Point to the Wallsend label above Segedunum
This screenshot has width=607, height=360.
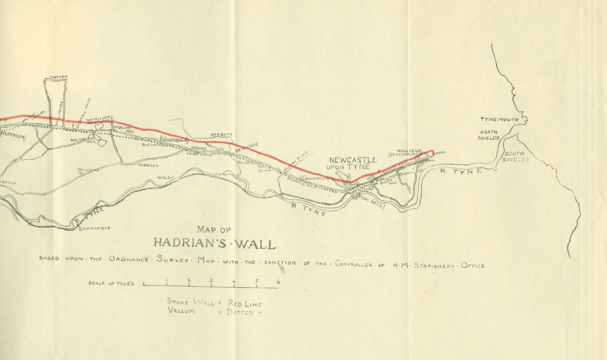click(409, 151)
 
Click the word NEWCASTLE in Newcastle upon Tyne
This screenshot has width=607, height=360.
click(352, 159)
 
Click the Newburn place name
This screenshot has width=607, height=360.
click(223, 134)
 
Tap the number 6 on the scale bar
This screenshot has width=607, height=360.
click(278, 282)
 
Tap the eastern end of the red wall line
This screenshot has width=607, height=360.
click(434, 151)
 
